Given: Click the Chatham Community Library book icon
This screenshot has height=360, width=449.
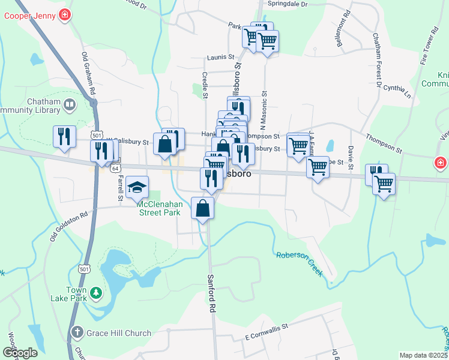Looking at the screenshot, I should (x=70, y=105).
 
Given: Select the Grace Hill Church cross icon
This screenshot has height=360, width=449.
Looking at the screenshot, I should (x=77, y=332).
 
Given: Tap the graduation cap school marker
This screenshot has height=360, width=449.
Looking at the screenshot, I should (x=137, y=187).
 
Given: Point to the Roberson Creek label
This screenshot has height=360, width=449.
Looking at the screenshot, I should (x=300, y=263).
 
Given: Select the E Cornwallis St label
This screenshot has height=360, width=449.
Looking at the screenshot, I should (x=267, y=335).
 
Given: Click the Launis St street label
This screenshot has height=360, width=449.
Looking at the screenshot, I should (x=220, y=57).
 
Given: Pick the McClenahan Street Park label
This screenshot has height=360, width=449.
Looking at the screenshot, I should (x=159, y=208).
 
